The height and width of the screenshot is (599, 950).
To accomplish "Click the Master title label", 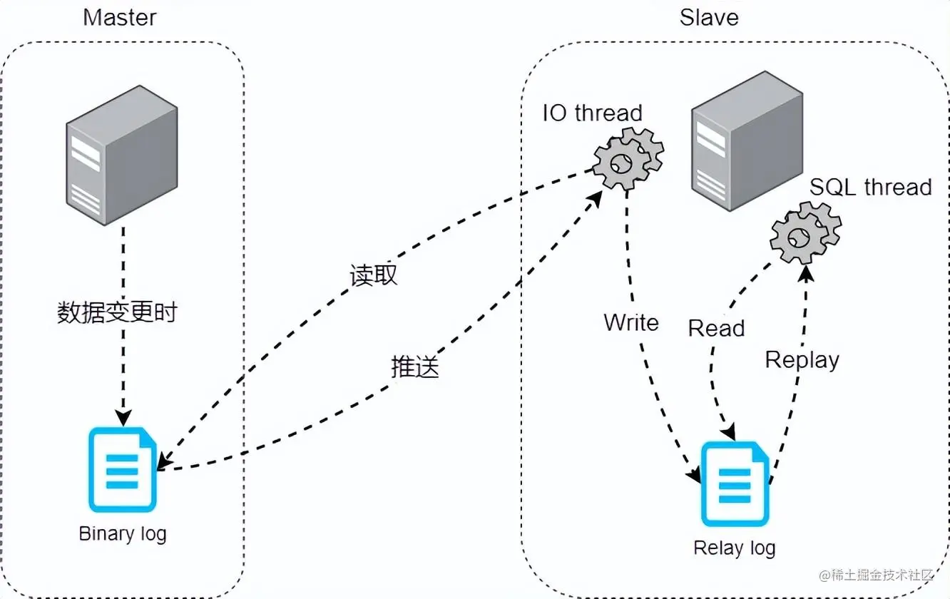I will tap(120, 17).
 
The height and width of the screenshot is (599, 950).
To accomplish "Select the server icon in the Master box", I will tap(121, 155).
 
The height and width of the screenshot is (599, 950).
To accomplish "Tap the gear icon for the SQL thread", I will tap(805, 233).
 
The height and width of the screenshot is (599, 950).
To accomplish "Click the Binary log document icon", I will tap(123, 469).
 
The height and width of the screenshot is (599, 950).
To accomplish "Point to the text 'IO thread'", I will tap(592, 113).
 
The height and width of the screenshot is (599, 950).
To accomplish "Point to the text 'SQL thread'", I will tap(870, 187).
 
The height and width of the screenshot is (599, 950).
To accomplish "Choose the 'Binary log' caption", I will tap(123, 533).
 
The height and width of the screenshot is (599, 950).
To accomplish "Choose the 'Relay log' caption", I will tap(734, 548).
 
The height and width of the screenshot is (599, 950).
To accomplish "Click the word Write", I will tap(630, 322).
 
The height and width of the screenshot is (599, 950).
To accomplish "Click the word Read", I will tap(716, 328).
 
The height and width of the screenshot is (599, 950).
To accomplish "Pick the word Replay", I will tap(802, 359).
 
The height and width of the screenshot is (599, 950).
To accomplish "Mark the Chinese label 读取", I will tap(373, 275).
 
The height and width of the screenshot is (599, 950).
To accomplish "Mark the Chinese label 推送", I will tap(414, 367).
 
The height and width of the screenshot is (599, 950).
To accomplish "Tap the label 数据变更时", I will tap(117, 312).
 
